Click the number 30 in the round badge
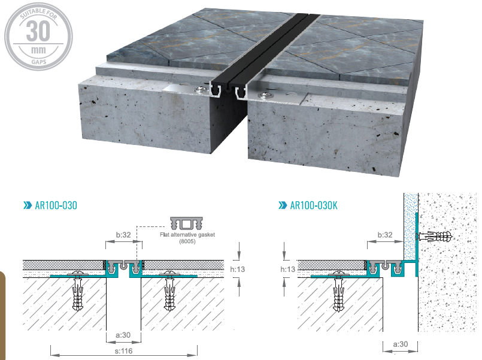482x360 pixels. click(x=38, y=31)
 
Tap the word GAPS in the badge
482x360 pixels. click(x=39, y=62)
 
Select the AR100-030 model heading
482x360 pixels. click(x=56, y=205)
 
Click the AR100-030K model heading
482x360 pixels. click(x=314, y=205)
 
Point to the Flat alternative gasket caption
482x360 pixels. click(x=187, y=238)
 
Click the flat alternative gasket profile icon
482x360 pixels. click(x=187, y=223)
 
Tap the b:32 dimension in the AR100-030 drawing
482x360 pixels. click(x=123, y=235)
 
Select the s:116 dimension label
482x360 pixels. click(x=123, y=351)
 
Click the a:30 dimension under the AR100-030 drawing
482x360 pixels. click(x=123, y=335)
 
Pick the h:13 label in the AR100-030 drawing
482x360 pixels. click(x=237, y=270)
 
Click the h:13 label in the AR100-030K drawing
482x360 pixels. click(x=288, y=270)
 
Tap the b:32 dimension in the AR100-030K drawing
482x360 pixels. click(x=385, y=235)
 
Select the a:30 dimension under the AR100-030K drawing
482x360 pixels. click(x=401, y=344)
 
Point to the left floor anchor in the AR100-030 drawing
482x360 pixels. click(x=78, y=290)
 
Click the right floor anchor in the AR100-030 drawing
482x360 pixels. click(x=169, y=290)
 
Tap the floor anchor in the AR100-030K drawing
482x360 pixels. click(x=339, y=291)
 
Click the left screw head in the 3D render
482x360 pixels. click(x=201, y=89)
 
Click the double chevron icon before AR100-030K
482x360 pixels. click(x=283, y=205)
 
